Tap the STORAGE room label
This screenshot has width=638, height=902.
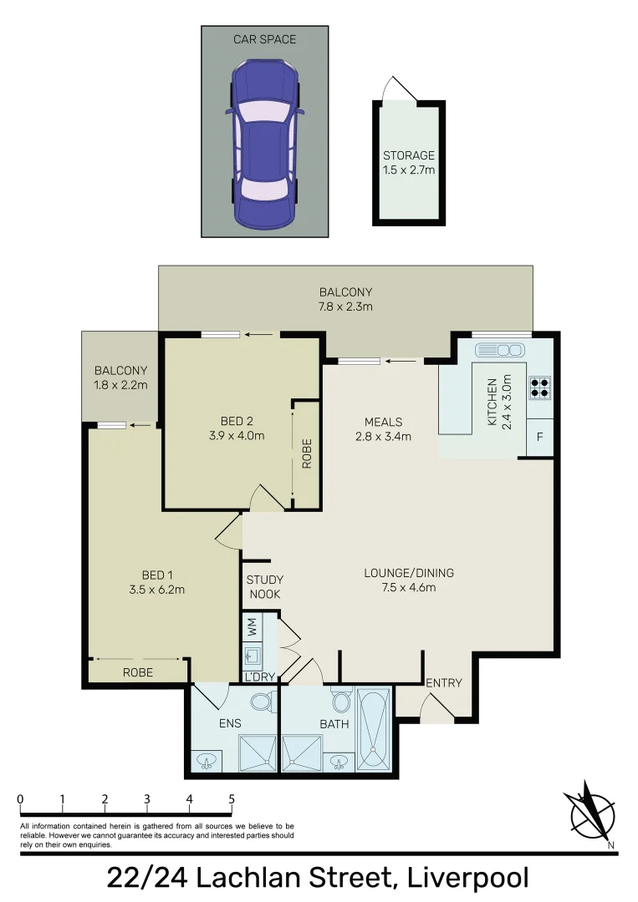pos(409,155)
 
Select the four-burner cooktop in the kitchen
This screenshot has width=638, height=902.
pos(540,386)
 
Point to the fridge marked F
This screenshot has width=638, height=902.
pos(539,438)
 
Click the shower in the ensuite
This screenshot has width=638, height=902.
pos(258,753)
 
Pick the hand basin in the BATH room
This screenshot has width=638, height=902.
pos(339,761)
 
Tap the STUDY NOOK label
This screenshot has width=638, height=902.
pos(264,587)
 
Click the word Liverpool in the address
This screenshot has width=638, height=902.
pos(465,879)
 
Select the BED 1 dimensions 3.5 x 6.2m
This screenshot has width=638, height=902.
pos(157,589)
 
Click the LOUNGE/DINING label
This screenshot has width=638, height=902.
pos(409,573)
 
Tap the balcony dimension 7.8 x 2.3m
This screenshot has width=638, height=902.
pos(345,307)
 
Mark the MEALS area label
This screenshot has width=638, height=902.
pos(383,421)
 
